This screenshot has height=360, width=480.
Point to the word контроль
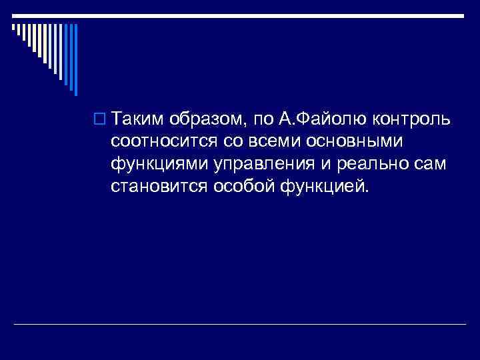tap(413, 119)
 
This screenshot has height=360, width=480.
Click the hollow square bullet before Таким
tap(101, 120)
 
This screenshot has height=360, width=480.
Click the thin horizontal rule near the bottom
tap(240, 323)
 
